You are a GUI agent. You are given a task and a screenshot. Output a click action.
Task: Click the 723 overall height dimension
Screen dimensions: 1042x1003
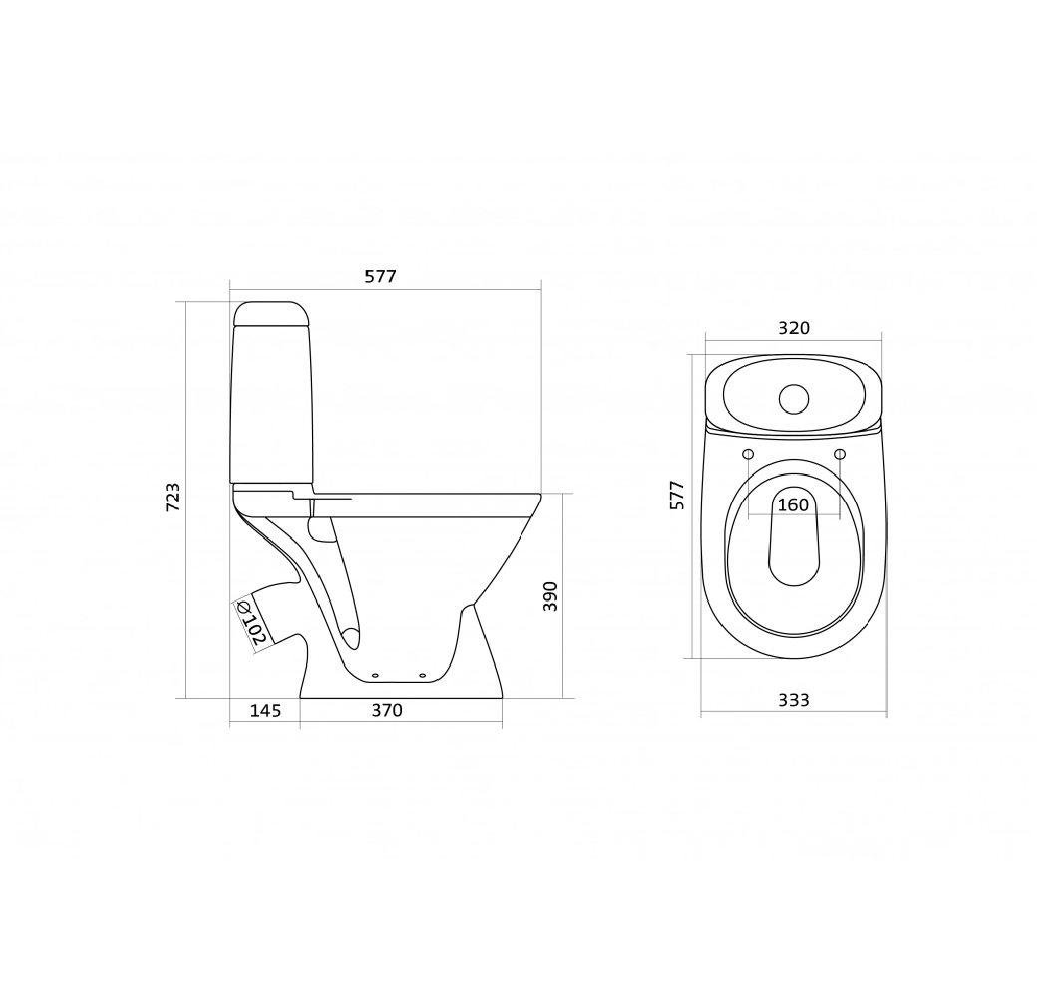pyautogui.click(x=173, y=497)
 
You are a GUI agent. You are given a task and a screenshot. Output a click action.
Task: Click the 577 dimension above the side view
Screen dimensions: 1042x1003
pyautogui.click(x=380, y=276)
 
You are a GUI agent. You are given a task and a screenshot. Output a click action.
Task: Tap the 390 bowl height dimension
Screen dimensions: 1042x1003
pyautogui.click(x=550, y=596)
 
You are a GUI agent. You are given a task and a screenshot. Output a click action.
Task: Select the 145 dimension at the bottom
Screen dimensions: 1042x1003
pyautogui.click(x=266, y=711)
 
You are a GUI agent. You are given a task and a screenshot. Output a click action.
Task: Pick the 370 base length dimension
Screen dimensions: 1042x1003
pyautogui.click(x=387, y=711)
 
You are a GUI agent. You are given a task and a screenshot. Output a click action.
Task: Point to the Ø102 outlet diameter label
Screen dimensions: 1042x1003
pyautogui.click(x=252, y=623)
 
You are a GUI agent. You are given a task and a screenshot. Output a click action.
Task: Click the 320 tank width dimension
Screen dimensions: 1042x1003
pyautogui.click(x=794, y=328)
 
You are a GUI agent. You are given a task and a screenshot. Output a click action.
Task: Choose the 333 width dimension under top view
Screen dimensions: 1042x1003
pyautogui.click(x=794, y=700)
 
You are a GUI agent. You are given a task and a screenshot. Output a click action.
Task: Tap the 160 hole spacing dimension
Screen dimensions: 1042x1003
pyautogui.click(x=793, y=505)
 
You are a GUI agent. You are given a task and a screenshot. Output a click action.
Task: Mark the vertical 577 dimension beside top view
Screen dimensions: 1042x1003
pyautogui.click(x=676, y=495)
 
